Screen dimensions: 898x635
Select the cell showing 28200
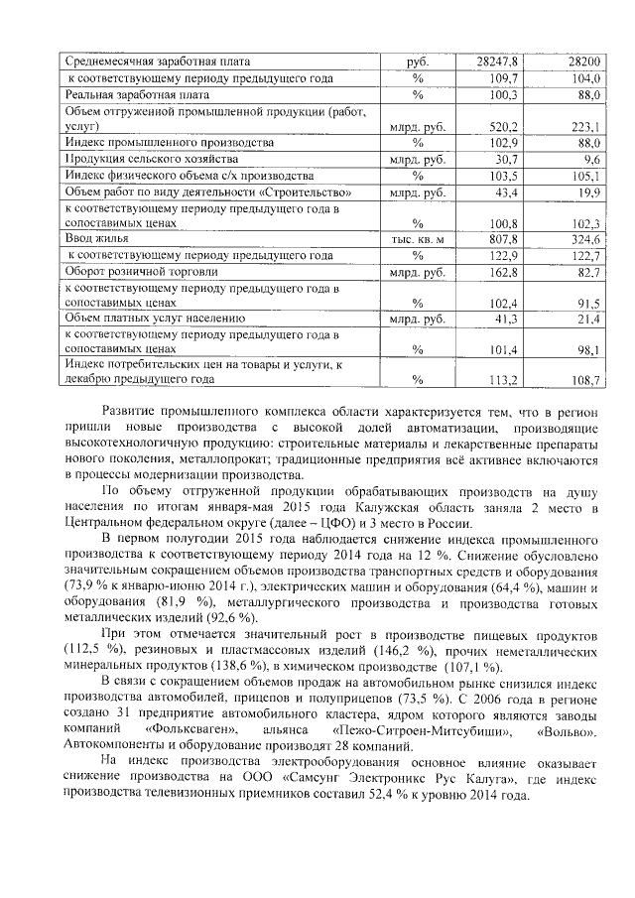583,62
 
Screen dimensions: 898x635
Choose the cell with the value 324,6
584,239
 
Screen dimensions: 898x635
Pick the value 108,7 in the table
584,379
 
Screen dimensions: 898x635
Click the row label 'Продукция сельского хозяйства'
151,159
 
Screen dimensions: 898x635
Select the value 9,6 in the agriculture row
592,159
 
